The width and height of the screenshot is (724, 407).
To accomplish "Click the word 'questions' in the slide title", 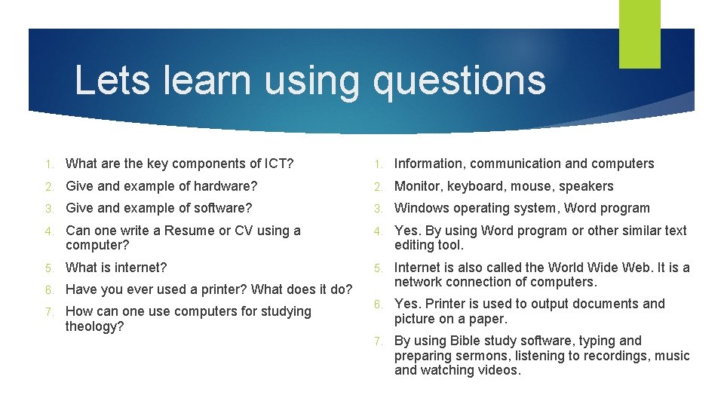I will (x=459, y=81).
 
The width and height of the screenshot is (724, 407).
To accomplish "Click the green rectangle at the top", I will (x=640, y=34).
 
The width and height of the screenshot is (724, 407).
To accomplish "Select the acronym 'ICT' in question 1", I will (x=276, y=164).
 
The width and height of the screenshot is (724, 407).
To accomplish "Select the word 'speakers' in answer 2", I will (x=586, y=186).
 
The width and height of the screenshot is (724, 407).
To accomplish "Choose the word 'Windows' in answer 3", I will (x=421, y=208).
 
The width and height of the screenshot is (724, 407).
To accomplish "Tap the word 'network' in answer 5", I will (x=418, y=282).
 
